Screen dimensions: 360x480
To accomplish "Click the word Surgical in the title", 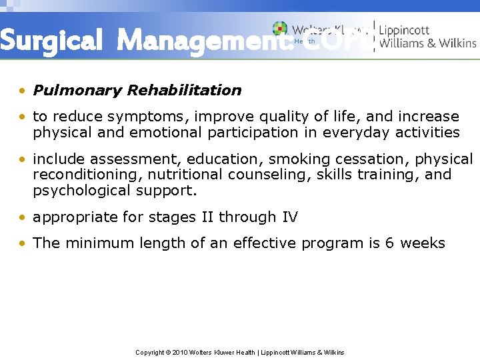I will (52, 41).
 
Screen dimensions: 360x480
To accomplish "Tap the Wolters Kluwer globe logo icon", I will (280, 29).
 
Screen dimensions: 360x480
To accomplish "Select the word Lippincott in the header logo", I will (405, 30).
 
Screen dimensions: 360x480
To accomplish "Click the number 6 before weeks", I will (390, 243).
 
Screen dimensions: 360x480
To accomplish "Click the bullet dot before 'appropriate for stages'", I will (24, 217).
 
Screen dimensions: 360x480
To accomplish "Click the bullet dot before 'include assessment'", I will (24, 160).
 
